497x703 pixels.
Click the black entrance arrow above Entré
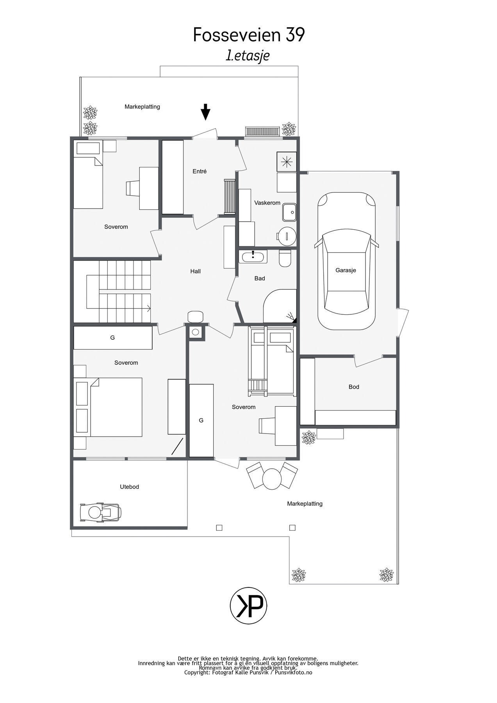(x=205, y=112)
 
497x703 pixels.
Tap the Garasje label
(x=346, y=270)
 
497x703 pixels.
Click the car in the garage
(x=346, y=261)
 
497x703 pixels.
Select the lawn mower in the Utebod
(x=100, y=512)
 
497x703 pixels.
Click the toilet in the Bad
(x=285, y=258)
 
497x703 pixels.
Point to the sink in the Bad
(x=253, y=257)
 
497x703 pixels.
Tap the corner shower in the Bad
(x=280, y=306)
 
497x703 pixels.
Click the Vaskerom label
(x=267, y=203)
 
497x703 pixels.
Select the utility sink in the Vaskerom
(x=289, y=212)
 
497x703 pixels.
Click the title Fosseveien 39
(x=249, y=35)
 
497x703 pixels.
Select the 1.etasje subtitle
(x=248, y=55)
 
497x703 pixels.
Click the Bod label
(x=354, y=387)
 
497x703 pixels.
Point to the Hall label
(x=195, y=271)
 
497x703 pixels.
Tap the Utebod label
(x=129, y=487)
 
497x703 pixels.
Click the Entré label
(x=200, y=171)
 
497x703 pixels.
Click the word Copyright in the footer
(x=197, y=673)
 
